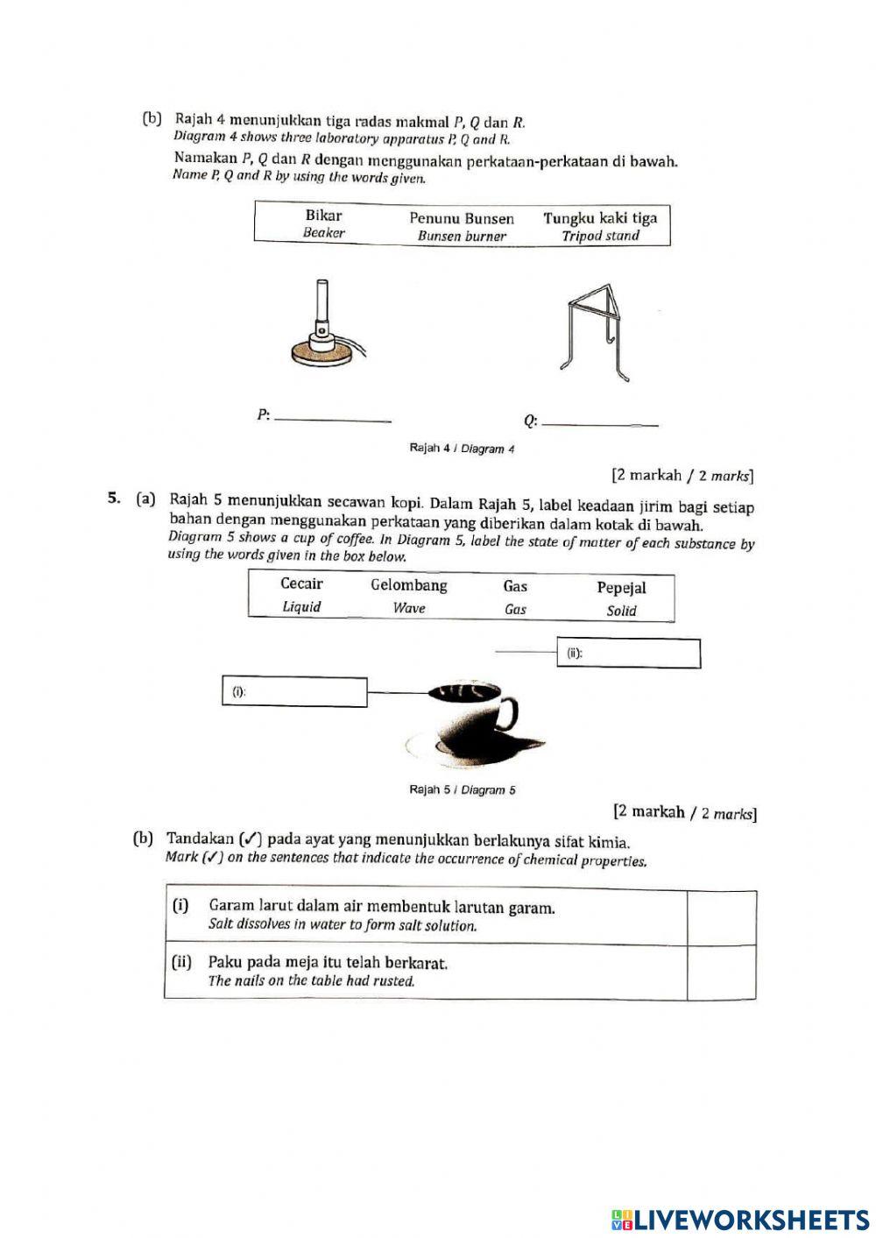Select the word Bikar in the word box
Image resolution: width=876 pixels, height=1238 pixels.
pyautogui.click(x=323, y=216)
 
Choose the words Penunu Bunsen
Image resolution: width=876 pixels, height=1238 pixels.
pyautogui.click(x=462, y=218)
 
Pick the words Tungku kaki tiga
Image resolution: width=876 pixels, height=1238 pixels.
pyautogui.click(x=600, y=218)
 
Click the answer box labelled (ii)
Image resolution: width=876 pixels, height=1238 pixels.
pyautogui.click(x=628, y=654)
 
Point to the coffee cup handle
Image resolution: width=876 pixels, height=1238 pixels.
pyautogui.click(x=508, y=713)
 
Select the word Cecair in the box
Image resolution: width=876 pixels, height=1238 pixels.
pyautogui.click(x=301, y=584)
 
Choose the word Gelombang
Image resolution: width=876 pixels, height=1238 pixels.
pyautogui.click(x=408, y=585)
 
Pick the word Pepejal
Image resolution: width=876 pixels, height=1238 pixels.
pyautogui.click(x=621, y=588)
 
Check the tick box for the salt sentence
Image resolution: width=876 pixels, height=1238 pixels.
pyautogui.click(x=721, y=917)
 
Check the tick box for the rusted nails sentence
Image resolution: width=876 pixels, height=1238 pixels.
pyautogui.click(x=721, y=972)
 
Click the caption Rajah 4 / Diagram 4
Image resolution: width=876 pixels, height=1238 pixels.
pyautogui.click(x=462, y=449)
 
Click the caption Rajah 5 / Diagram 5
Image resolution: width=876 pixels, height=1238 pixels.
pyautogui.click(x=462, y=789)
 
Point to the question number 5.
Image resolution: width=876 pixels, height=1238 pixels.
pyautogui.click(x=113, y=499)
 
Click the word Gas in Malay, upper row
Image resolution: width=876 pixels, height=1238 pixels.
pyautogui.click(x=515, y=586)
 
